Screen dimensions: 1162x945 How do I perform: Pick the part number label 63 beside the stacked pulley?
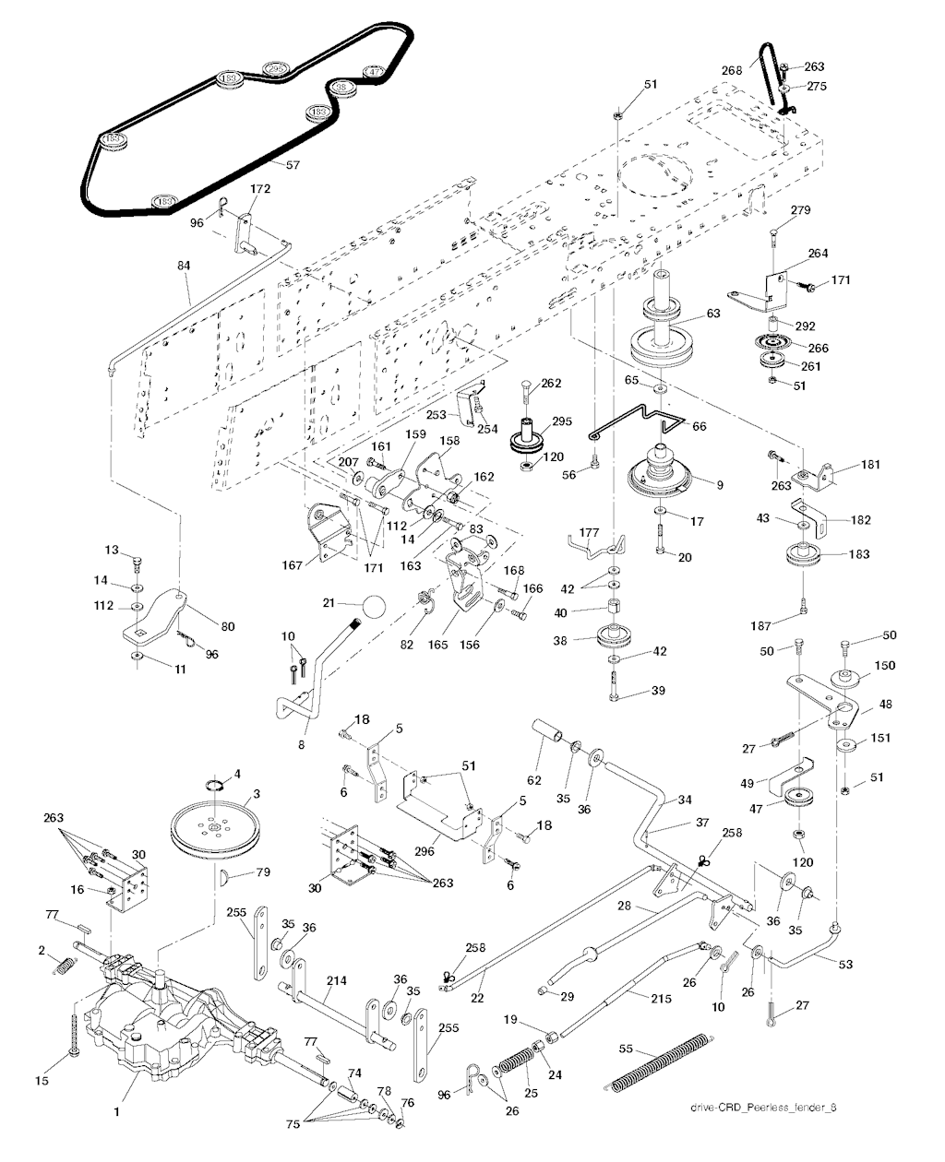(713, 314)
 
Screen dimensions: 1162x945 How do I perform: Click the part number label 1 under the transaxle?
(116, 1112)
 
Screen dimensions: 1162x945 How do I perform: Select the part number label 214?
(336, 981)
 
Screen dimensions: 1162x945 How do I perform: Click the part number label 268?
(732, 69)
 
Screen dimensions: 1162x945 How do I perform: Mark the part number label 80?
(227, 627)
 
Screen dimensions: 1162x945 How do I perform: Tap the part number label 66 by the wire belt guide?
(699, 427)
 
